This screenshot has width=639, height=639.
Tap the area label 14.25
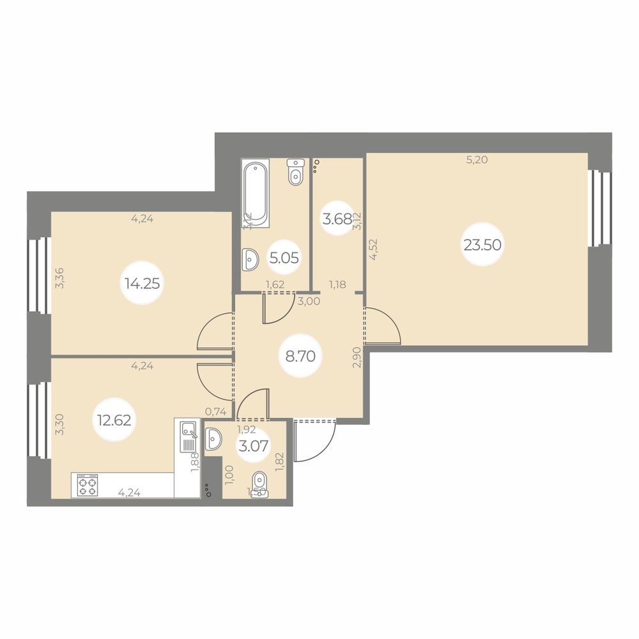click(142, 284)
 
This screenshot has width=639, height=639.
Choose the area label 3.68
click(337, 220)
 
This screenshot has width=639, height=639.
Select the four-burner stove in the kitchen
click(88, 485)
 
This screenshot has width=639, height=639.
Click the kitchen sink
click(188, 436)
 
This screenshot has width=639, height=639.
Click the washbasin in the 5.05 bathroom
click(250, 259)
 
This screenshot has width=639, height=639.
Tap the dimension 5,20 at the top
click(477, 160)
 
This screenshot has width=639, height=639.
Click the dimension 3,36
click(59, 277)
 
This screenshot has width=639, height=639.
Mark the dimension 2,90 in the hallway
click(357, 358)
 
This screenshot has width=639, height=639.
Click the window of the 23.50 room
click(597, 208)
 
